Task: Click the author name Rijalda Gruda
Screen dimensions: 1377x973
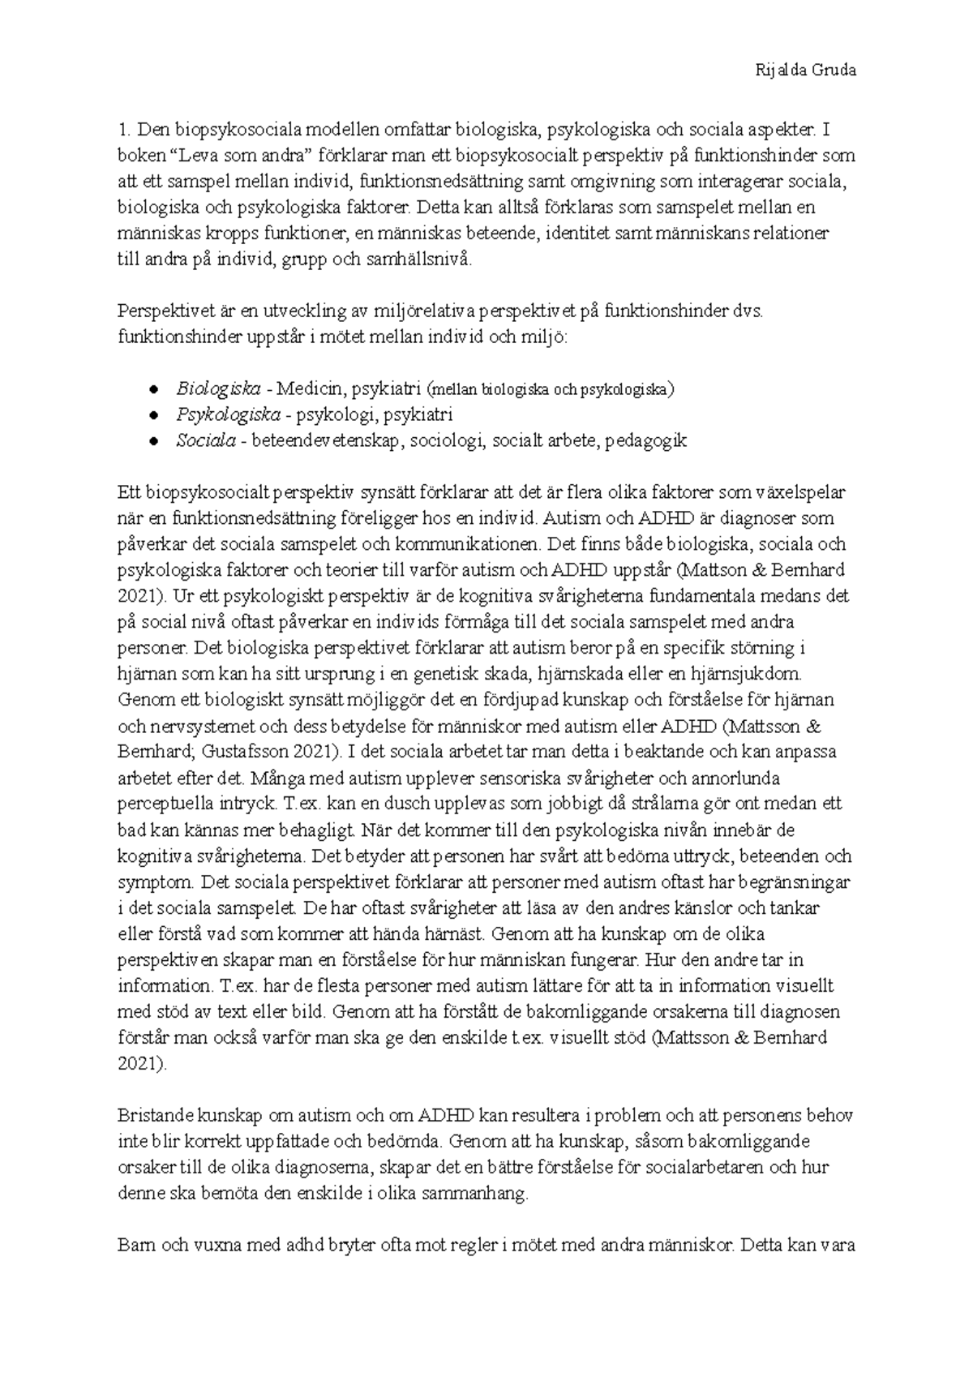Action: click(805, 70)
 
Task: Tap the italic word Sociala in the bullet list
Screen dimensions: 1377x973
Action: click(206, 440)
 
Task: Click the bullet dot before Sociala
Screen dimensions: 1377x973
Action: click(153, 441)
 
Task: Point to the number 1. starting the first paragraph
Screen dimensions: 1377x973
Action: click(124, 129)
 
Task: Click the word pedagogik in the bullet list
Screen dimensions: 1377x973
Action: click(645, 440)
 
